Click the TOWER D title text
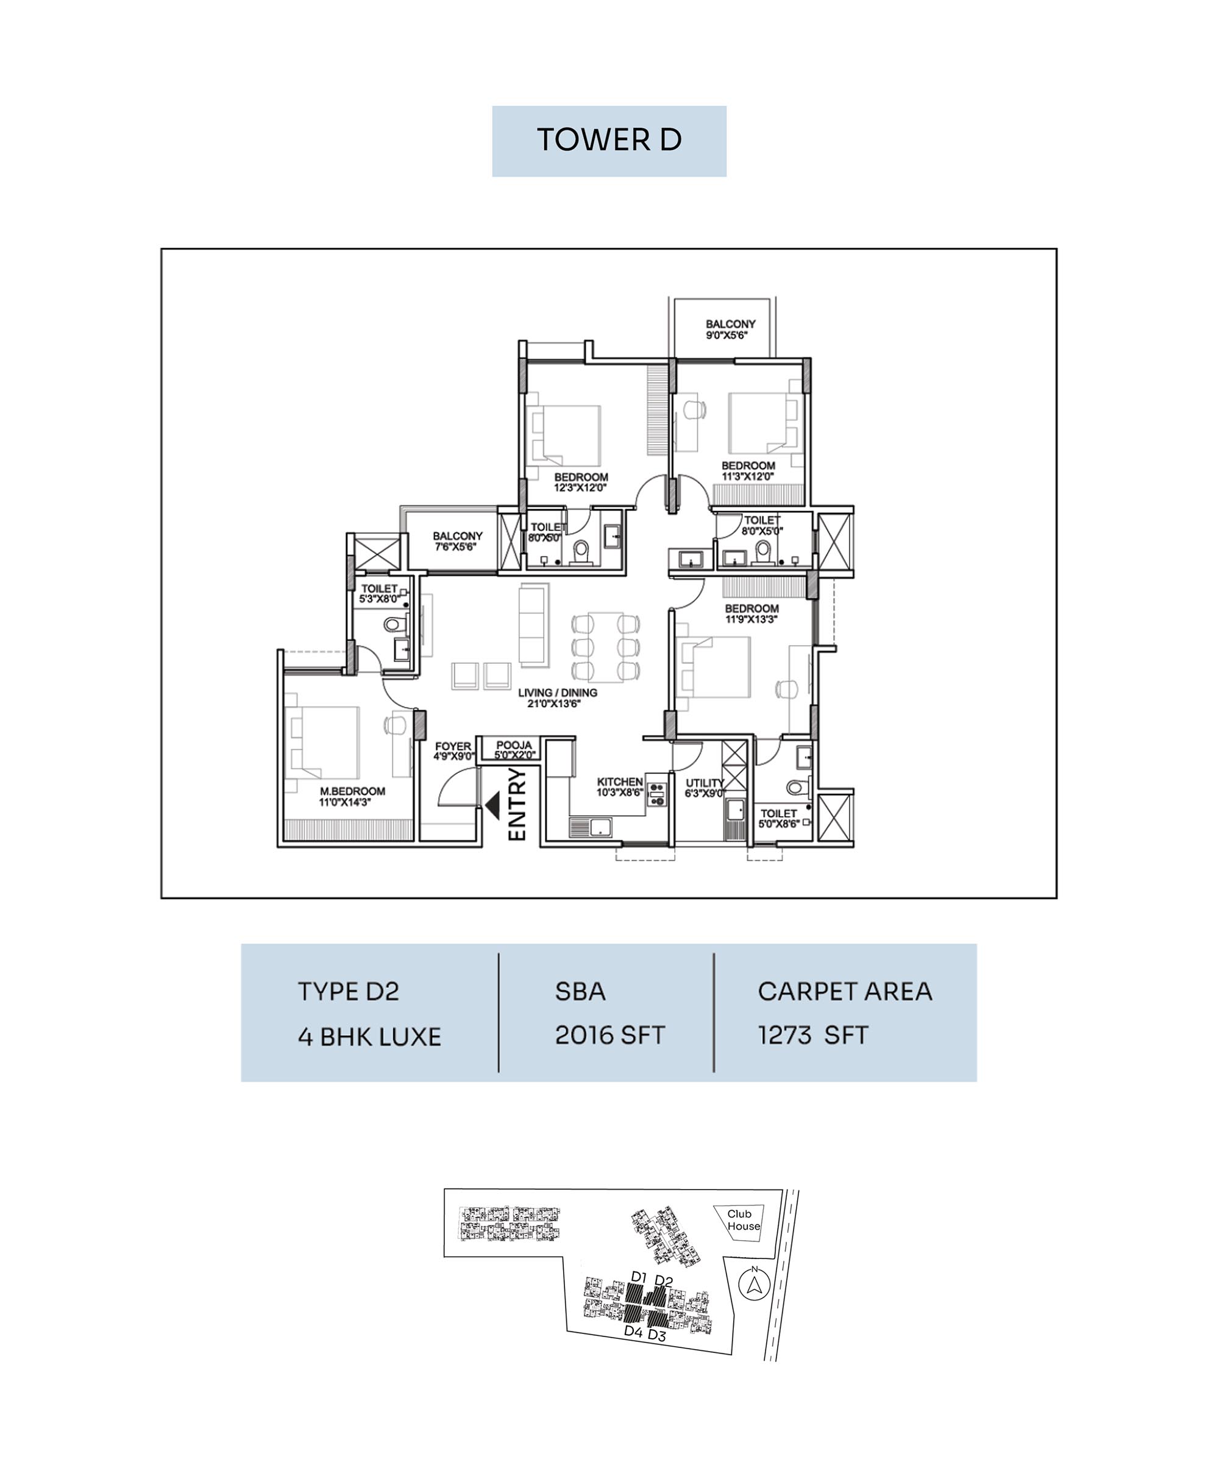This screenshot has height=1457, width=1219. coord(609,139)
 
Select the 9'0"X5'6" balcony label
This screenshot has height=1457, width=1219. coord(726,334)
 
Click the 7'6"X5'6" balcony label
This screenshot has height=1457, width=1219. coord(455,547)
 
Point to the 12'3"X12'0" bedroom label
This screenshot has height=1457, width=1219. coord(580,488)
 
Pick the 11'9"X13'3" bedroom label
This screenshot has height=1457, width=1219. coord(752,619)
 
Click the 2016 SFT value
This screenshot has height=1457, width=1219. coord(609,1035)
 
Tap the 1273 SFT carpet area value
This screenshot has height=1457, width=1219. coord(813,1035)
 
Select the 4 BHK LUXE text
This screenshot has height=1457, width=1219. coord(369,1037)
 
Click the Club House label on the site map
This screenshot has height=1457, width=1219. coord(744,1219)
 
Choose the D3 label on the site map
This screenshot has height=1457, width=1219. coord(656,1336)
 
